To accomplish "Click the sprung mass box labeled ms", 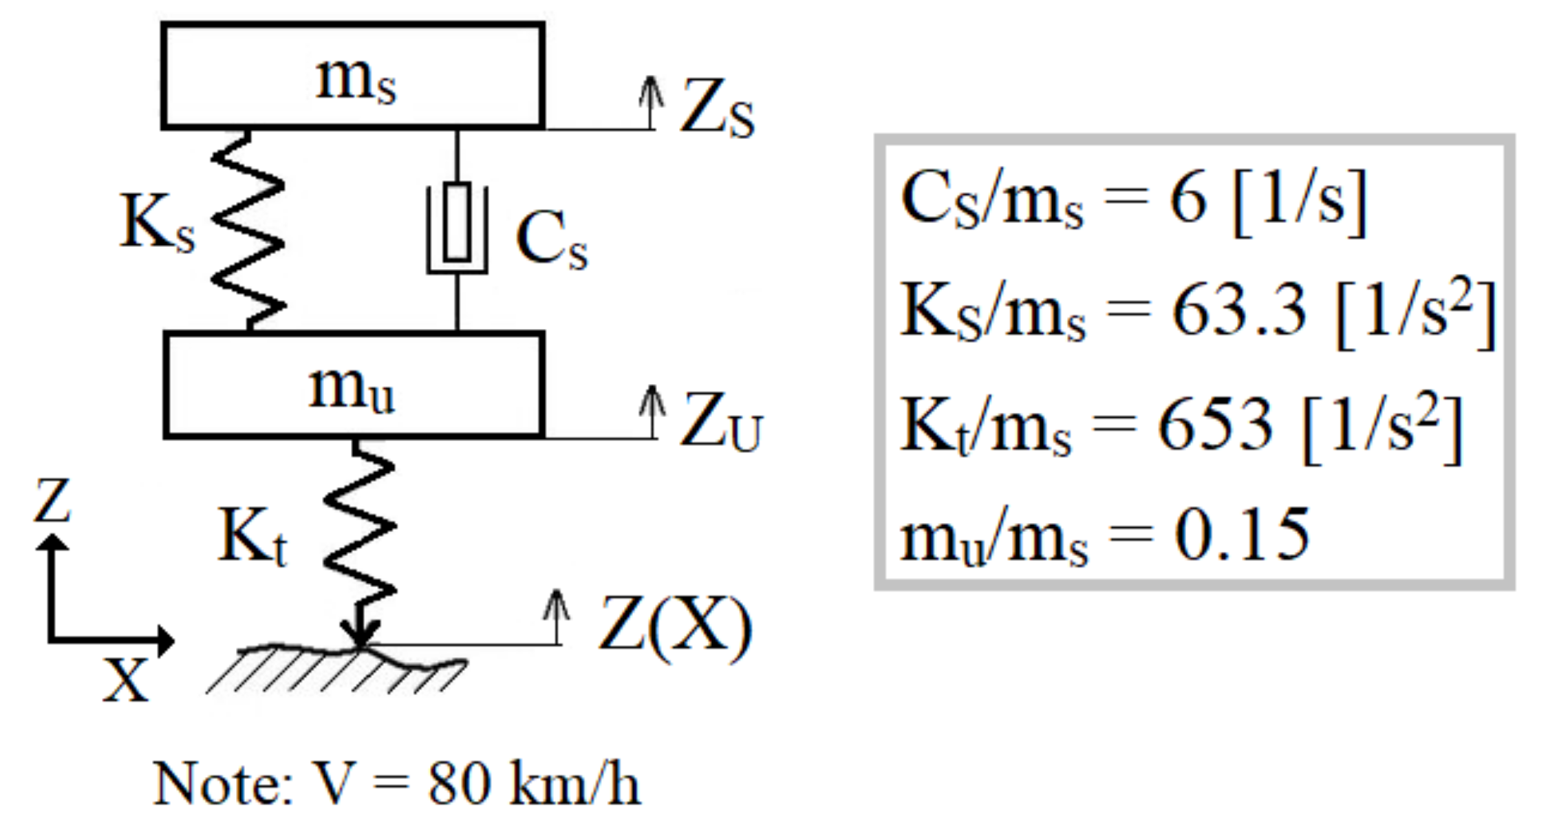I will (353, 76).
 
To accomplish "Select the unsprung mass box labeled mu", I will (353, 385).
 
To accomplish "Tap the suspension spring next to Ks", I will (248, 231).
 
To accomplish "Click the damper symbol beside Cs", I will (457, 227).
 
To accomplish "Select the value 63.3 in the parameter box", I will (1239, 310).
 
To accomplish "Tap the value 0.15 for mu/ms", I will (1242, 535).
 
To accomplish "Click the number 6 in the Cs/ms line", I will (1188, 199).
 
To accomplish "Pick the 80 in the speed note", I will (459, 784).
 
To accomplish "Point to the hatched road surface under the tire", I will (337, 671).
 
